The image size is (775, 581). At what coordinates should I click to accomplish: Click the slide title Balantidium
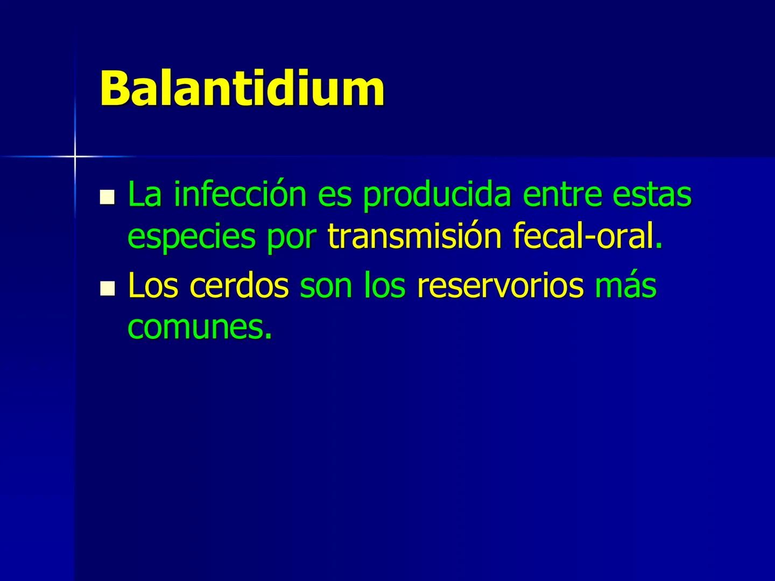point(242,88)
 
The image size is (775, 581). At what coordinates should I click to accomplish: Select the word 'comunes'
point(197,327)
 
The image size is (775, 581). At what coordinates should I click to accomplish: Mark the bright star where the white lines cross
point(75,156)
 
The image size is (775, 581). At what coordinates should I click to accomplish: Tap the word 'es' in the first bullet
point(334,196)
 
